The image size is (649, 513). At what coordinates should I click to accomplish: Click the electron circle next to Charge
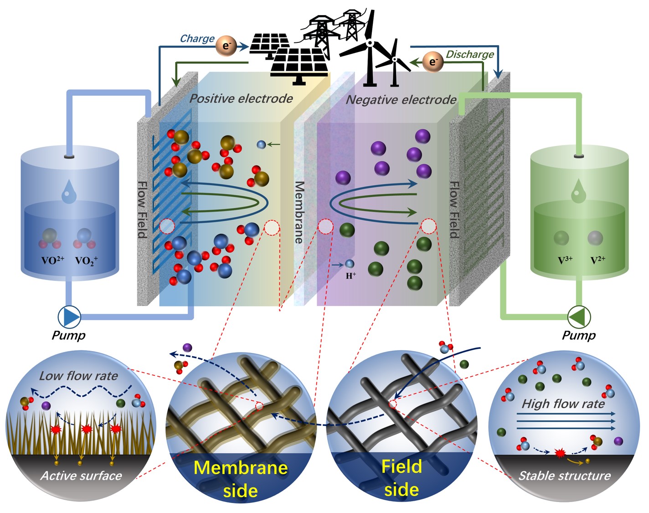pos(226,46)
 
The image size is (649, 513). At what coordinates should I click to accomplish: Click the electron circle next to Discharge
pos(433,61)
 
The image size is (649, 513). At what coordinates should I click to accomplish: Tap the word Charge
pos(197,39)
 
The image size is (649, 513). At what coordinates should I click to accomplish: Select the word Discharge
pos(469,54)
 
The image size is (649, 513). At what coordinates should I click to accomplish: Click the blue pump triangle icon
pos(70,316)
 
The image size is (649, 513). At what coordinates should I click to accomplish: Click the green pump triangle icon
pos(579,316)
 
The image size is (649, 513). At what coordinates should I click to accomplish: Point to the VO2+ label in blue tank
pos(53,260)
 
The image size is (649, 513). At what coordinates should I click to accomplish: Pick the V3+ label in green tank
pos(565,260)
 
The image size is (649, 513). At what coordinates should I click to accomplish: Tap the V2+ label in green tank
pos(597,260)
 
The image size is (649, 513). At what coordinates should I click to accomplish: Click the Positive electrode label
pos(241,98)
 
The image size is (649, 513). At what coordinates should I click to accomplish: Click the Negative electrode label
pos(401,100)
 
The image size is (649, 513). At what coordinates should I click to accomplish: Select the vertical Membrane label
pos(299,212)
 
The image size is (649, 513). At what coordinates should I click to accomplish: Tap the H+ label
pos(351,276)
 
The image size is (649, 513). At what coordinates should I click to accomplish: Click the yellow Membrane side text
pos(241,479)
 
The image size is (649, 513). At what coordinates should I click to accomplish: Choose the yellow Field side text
pos(402,478)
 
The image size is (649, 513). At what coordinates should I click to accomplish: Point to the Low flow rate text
pos(78,376)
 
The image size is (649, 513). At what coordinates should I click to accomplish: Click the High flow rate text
pos(563,404)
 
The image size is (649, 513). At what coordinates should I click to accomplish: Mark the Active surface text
pos(81,476)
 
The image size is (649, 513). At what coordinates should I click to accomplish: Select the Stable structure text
pos(564,476)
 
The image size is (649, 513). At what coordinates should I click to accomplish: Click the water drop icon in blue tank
pos(69,192)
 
